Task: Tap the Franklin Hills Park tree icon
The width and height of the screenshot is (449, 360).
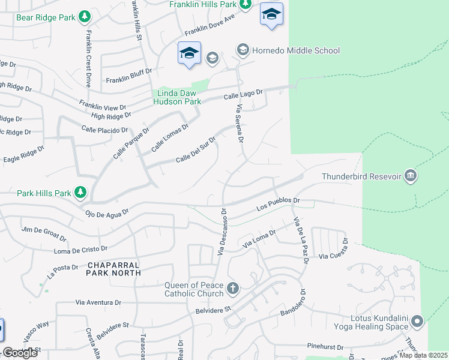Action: (245, 4)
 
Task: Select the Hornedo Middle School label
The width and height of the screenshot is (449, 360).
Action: (295, 50)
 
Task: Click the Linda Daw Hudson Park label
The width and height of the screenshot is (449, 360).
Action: (178, 97)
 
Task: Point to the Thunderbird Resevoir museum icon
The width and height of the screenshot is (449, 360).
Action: (411, 176)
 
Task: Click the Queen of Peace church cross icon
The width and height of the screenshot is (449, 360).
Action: (233, 289)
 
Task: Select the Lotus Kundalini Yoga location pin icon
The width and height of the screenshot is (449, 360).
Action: (417, 322)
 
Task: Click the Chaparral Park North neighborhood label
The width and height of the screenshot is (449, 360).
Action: (113, 268)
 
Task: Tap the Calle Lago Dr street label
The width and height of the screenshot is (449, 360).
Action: (244, 94)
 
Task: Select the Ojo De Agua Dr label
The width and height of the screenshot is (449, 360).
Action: (107, 213)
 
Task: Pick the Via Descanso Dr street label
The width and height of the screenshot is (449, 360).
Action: (220, 235)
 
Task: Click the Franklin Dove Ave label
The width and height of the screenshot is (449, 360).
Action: (209, 25)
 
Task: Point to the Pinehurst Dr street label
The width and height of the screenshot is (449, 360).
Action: (324, 347)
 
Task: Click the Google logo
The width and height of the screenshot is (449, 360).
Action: (19, 353)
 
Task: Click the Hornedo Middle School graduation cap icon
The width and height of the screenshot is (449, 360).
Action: (243, 50)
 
